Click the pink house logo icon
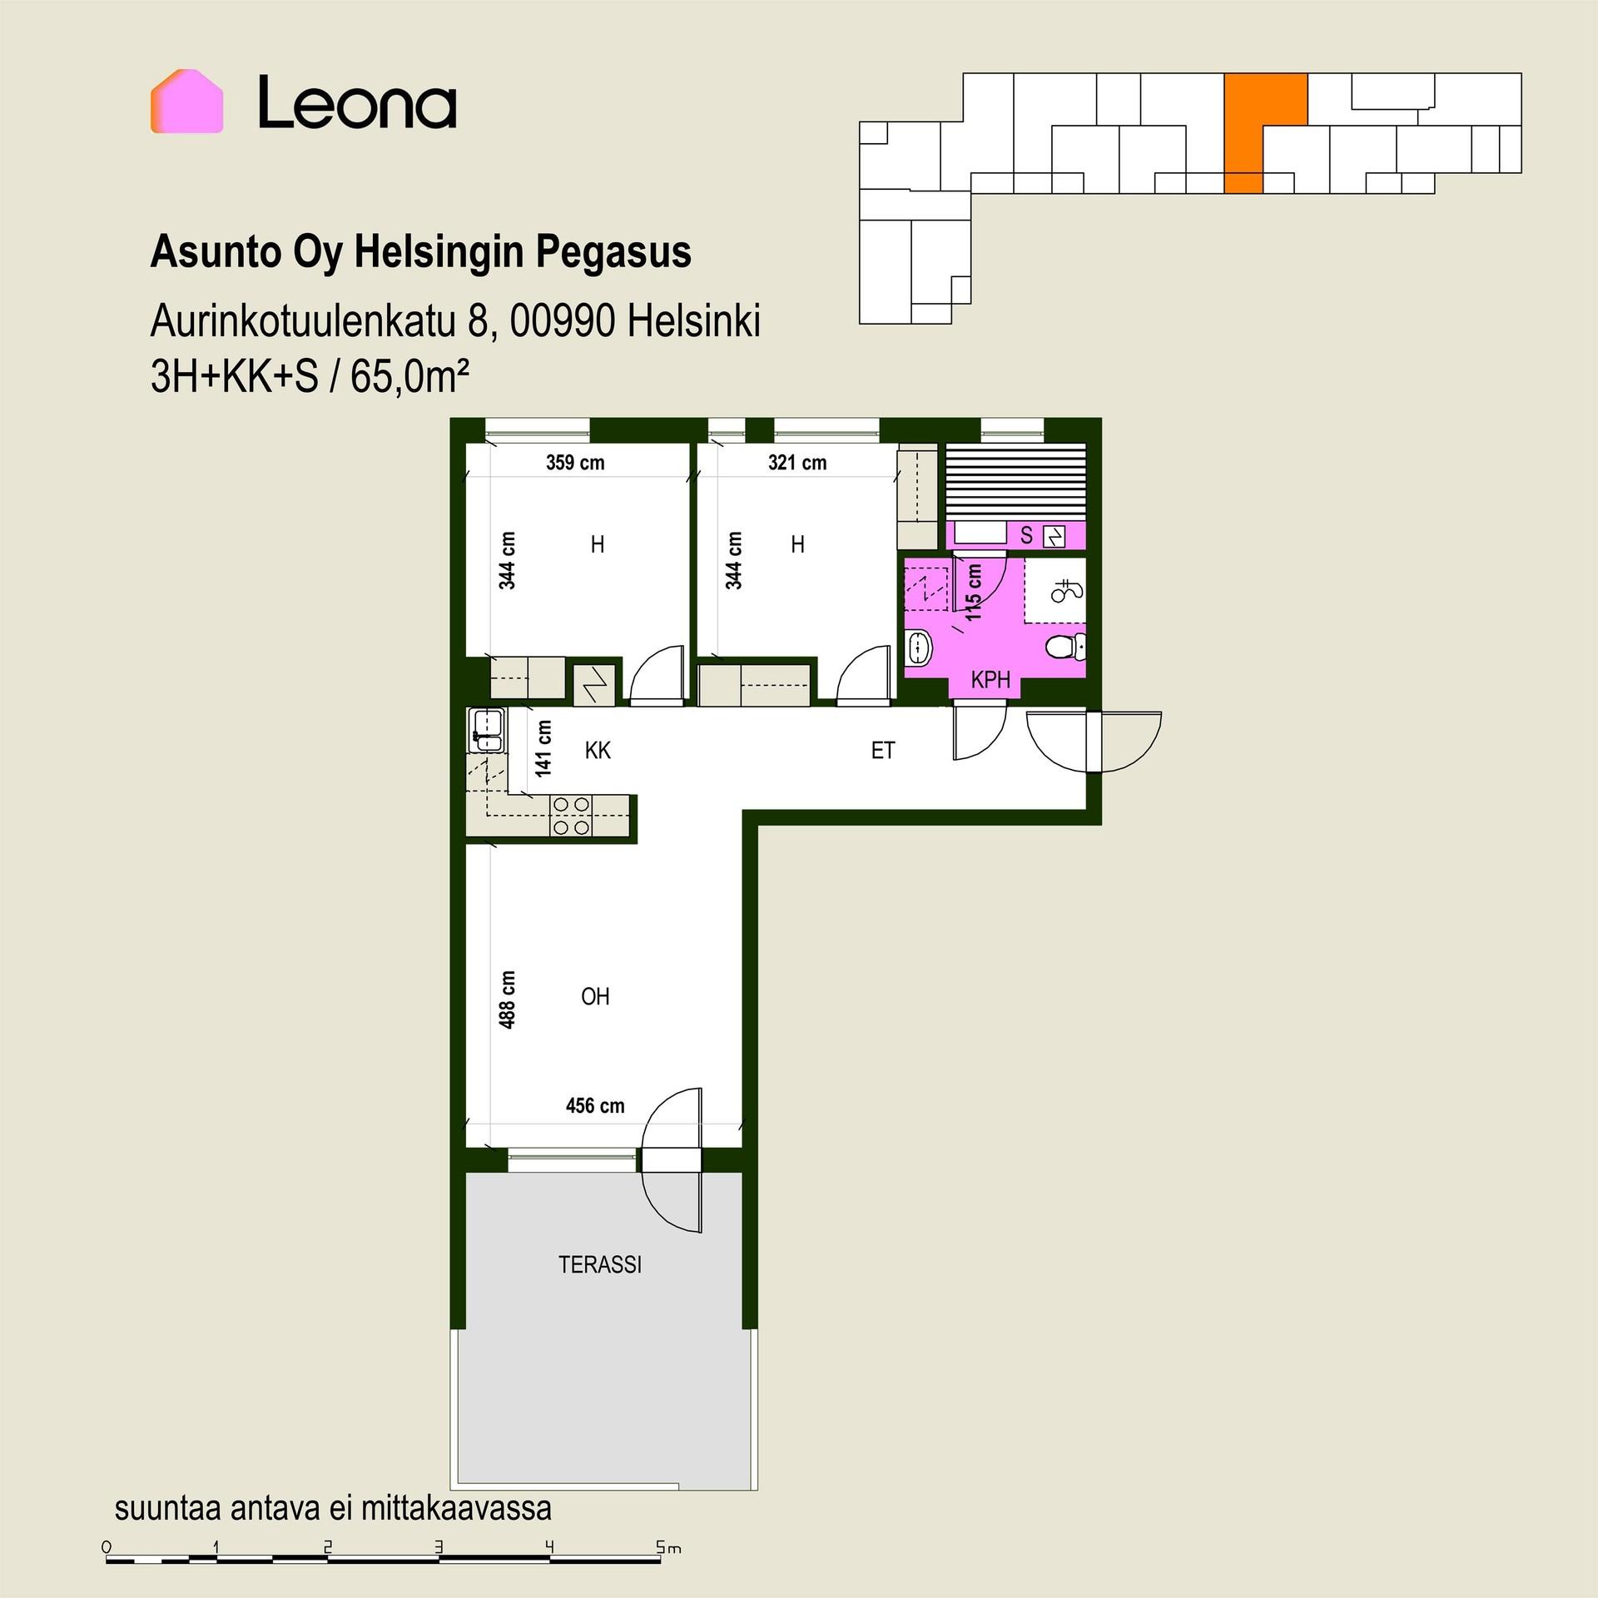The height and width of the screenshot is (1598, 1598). point(186,101)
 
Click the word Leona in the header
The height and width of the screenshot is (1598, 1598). point(357,102)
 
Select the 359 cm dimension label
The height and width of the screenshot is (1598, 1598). point(575,463)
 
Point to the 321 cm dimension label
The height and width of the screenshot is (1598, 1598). point(797,463)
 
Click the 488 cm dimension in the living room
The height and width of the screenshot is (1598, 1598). point(507,1000)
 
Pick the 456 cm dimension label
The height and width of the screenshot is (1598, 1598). point(595,1106)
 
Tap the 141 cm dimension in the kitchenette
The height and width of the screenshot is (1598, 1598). point(543,749)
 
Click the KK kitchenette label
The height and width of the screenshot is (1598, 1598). point(598,751)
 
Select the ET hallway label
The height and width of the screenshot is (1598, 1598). point(882,751)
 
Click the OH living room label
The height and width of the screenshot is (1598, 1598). point(595,996)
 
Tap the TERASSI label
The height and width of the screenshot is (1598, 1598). point(600,1265)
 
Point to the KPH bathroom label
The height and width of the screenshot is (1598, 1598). point(990,680)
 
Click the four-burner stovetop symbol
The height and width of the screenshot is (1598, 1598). point(571,816)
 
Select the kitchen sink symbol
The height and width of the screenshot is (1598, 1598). point(486,731)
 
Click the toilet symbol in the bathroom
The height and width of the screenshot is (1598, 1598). point(1065,646)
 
